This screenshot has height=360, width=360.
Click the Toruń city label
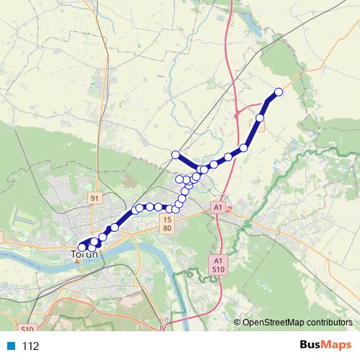86,254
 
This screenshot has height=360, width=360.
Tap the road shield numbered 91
95,197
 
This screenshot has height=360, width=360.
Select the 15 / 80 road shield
167,223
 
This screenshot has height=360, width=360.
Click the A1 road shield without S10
217,207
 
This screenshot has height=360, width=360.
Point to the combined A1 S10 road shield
218,264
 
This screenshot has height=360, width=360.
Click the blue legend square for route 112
11,346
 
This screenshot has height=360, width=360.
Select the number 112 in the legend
30,346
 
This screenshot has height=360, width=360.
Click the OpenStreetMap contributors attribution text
297,322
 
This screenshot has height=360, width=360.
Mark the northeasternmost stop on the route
279,92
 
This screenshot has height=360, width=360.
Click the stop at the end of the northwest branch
175,154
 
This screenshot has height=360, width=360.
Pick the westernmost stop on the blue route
82,247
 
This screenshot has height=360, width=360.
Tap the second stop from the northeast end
260,117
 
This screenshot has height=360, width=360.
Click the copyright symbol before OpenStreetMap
237,322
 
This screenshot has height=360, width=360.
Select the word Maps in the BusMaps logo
338,345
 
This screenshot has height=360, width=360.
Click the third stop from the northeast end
244,148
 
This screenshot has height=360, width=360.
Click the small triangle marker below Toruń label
76,261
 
